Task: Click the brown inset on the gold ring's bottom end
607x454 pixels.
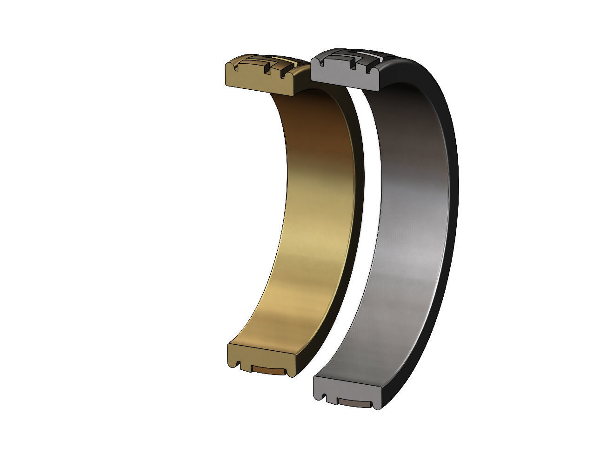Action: (267, 370)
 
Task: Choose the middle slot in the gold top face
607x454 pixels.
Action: (267, 71)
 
